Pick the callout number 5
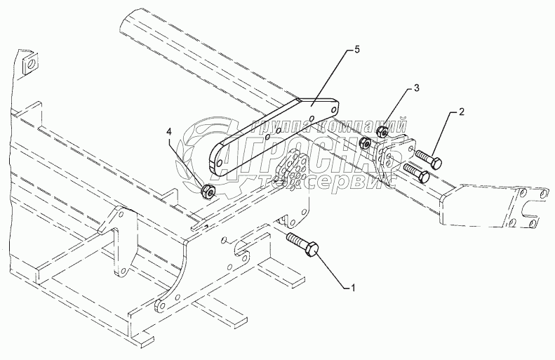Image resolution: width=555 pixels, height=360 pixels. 356,50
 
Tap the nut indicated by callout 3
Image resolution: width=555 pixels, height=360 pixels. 382,131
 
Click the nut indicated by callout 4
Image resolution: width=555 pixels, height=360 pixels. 207,191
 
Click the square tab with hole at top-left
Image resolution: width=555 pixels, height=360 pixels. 29,65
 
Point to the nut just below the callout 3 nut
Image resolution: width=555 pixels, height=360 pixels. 366,144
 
